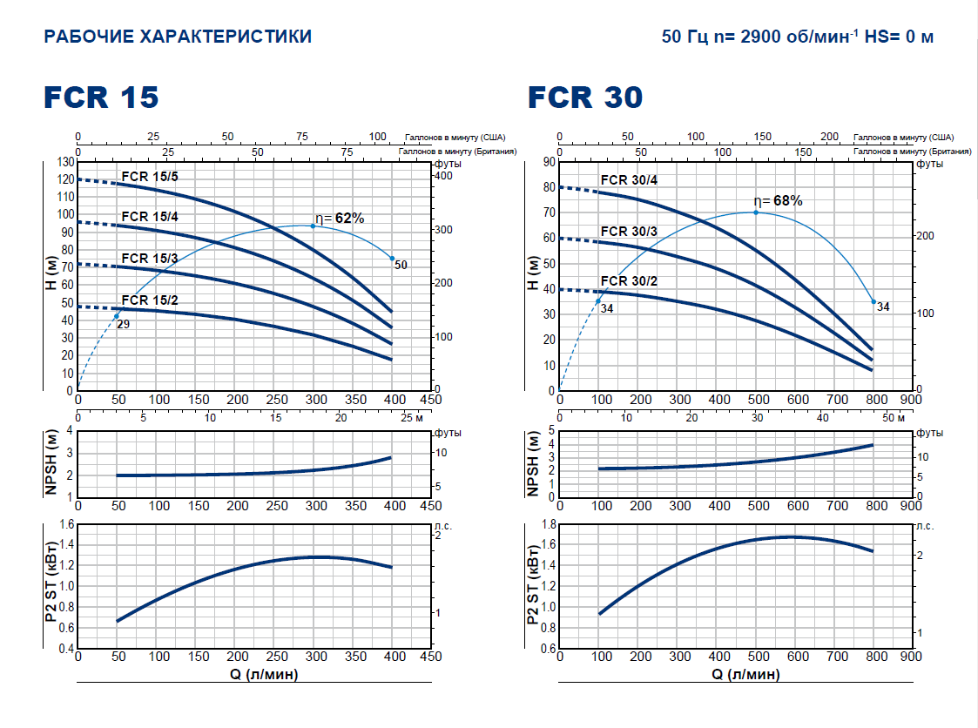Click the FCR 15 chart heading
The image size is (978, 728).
tap(101, 97)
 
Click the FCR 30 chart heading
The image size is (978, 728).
tap(585, 97)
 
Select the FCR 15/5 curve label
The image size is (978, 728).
tap(150, 177)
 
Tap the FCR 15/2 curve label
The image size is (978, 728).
tap(150, 300)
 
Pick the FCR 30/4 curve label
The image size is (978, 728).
tap(629, 180)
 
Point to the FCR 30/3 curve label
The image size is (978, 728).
tap(629, 231)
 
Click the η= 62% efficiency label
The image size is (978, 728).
tap(340, 219)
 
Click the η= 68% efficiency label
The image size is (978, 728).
tap(778, 201)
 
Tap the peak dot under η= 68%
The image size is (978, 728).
tap(756, 212)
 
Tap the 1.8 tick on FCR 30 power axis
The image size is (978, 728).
tap(547, 524)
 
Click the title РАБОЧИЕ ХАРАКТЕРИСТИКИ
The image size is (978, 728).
tap(178, 37)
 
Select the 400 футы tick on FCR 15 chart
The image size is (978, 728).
tap(443, 176)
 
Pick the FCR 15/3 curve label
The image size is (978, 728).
tap(150, 259)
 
